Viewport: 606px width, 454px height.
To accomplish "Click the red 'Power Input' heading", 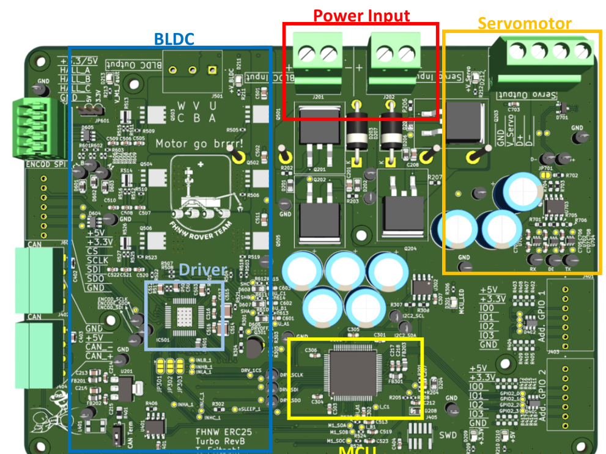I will pyautogui.click(x=361, y=15).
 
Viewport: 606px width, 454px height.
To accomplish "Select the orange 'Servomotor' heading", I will pyautogui.click(x=524, y=24).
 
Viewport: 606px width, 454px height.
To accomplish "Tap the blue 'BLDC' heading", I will pyautogui.click(x=174, y=40).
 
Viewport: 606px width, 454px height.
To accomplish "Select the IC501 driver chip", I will pyautogui.click(x=183, y=317).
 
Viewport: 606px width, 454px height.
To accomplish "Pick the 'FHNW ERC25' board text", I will pyautogui.click(x=232, y=432).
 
